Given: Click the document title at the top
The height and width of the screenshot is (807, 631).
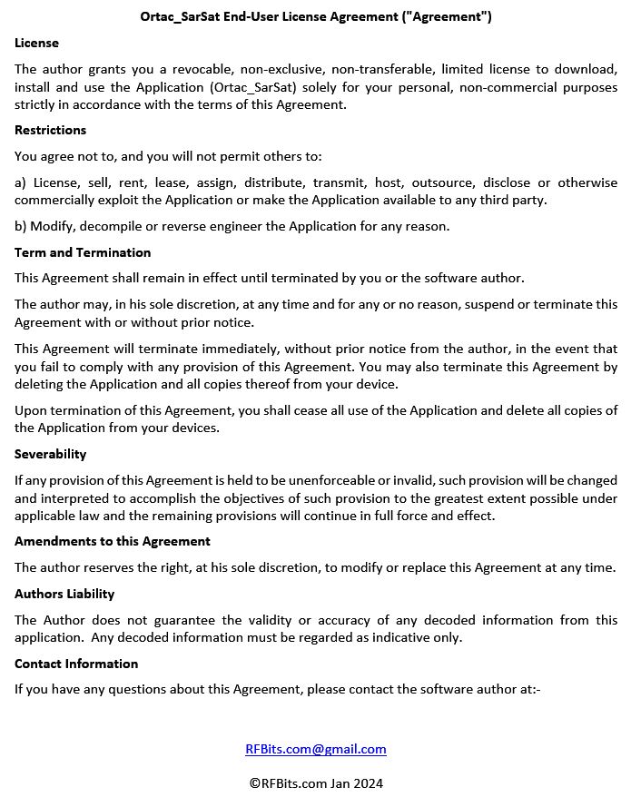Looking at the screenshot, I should click(x=316, y=16).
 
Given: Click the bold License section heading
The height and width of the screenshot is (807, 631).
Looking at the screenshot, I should click(x=36, y=43).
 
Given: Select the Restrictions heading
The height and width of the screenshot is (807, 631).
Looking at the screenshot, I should click(x=50, y=130).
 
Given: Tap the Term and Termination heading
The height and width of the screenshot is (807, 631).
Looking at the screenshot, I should click(x=83, y=252).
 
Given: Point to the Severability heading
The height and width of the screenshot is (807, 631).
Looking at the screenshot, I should click(x=50, y=454).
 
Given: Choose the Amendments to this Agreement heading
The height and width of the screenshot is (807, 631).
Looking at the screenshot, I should click(x=112, y=541).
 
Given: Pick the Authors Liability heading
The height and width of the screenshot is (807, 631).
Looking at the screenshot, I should click(x=64, y=594).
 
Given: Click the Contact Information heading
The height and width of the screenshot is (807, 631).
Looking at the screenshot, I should click(x=76, y=664).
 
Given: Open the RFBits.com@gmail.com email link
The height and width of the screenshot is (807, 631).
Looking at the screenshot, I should click(x=316, y=749).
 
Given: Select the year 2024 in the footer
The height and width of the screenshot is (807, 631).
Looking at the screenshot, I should click(x=368, y=782).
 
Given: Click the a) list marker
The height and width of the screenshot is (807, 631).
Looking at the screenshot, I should click(x=20, y=182).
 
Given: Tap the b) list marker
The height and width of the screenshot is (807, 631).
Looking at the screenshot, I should click(x=20, y=226).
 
